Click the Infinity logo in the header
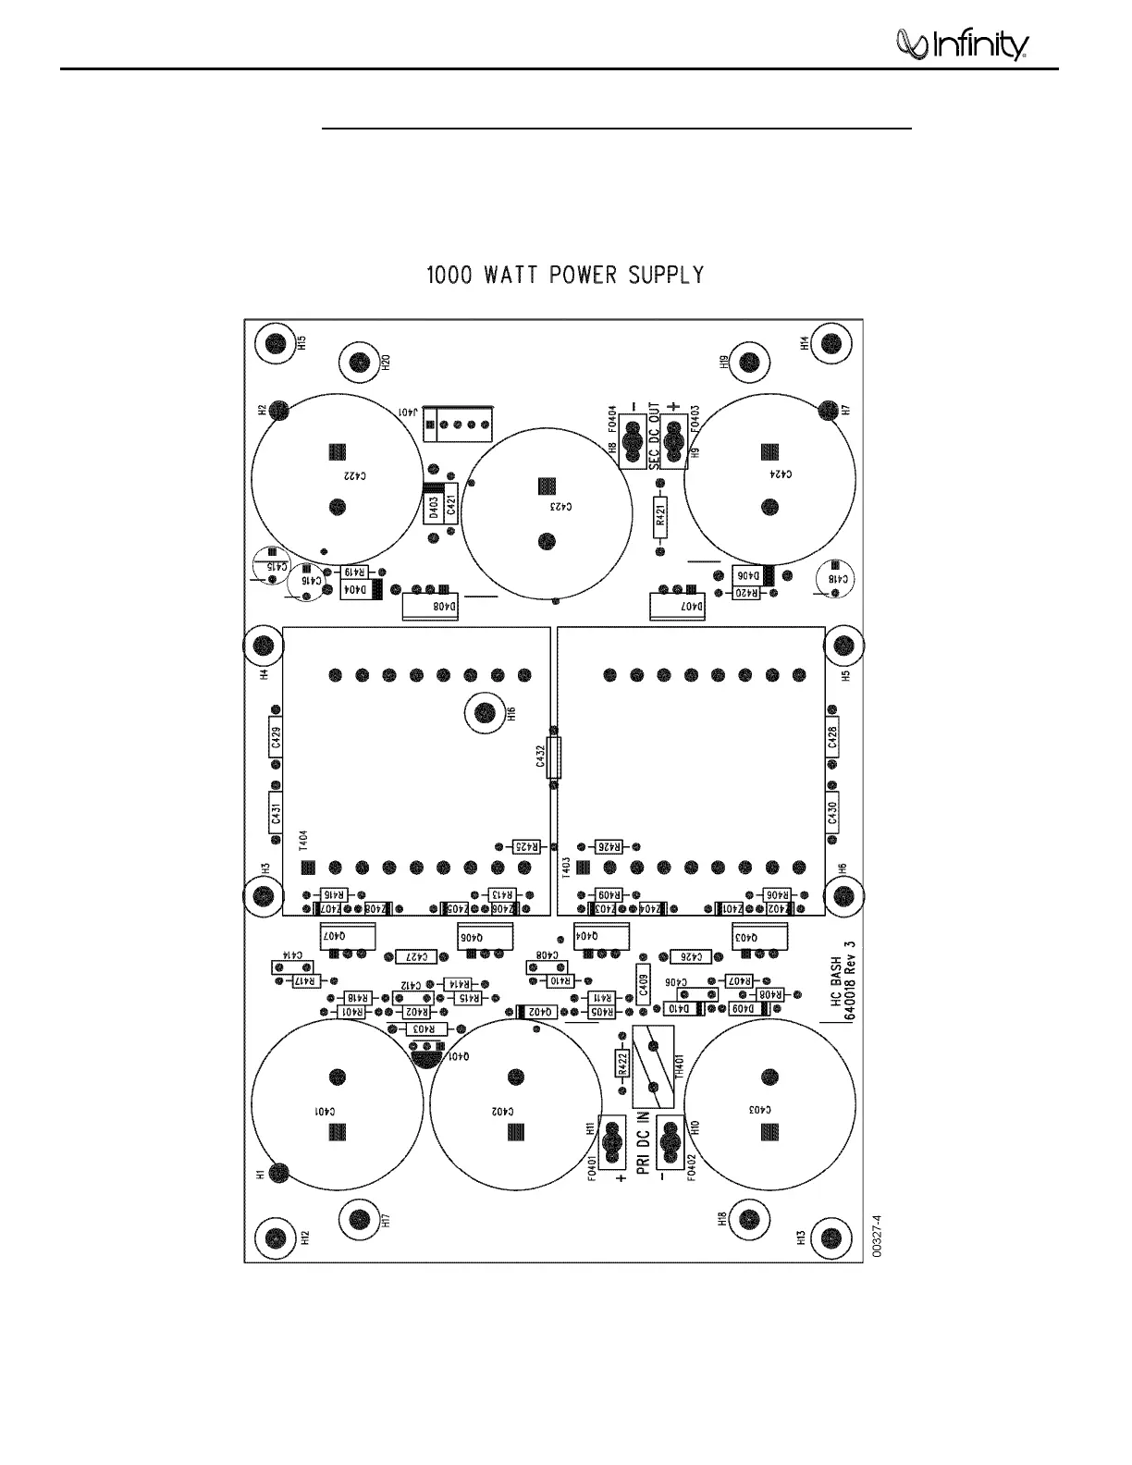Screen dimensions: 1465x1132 962,44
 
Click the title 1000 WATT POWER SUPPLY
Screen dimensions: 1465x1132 564,276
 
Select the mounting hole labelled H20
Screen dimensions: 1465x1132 360,362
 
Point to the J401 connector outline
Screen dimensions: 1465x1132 458,425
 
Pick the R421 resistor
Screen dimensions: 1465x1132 660,515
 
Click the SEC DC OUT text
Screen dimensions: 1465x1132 654,436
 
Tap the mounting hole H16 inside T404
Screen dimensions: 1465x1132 483,712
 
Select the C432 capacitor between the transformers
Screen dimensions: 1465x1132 553,758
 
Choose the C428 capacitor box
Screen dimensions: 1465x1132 832,737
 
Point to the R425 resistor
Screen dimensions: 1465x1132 525,846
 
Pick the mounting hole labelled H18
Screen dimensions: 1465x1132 750,1219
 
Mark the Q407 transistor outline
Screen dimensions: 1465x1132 347,935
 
